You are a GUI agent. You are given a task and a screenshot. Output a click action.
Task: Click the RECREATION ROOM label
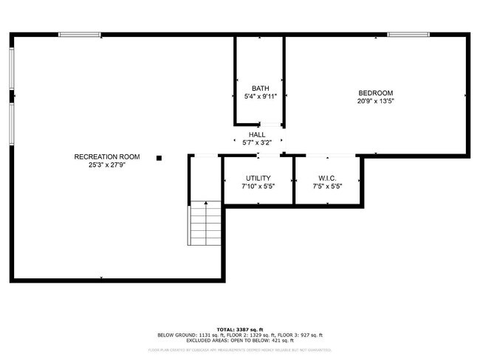107,156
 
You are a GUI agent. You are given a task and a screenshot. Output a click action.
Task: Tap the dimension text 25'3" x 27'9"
107,165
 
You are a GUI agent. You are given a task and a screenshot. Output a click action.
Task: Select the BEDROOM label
376,93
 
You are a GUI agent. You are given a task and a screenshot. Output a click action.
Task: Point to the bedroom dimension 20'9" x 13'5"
376,102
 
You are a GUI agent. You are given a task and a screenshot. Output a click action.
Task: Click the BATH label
260,88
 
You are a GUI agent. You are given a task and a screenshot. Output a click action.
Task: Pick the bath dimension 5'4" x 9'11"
260,97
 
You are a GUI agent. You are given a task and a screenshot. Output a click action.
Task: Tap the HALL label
257,134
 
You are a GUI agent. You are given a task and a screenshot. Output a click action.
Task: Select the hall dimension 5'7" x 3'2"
257,143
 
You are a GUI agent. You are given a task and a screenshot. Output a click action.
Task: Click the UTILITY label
258,178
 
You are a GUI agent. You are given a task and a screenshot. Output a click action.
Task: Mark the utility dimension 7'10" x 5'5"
258,187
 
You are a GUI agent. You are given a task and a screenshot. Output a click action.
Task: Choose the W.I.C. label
328,178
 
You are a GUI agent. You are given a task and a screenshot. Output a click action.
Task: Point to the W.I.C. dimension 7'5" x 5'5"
328,187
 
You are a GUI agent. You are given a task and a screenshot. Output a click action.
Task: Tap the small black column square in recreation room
158,157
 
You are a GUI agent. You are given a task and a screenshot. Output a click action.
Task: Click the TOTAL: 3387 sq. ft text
239,329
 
